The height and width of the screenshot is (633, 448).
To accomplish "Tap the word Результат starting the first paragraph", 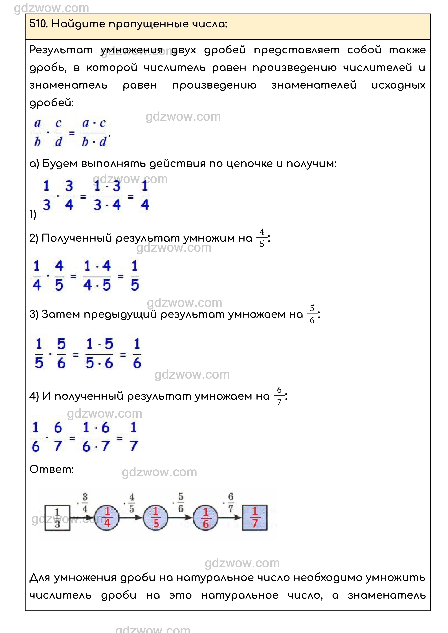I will pyautogui.click(x=61, y=50).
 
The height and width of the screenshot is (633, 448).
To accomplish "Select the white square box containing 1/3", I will pyautogui.click(x=57, y=518).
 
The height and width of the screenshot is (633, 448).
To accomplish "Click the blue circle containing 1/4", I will pyautogui.click(x=107, y=518).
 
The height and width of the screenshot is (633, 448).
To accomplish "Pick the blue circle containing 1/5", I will pyautogui.click(x=156, y=518).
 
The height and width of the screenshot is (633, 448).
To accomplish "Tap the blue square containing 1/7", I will pyautogui.click(x=255, y=518).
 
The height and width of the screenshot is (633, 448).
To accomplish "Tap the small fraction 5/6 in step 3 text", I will pyautogui.click(x=312, y=314).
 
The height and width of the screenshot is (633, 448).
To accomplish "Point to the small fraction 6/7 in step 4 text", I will pyautogui.click(x=279, y=396).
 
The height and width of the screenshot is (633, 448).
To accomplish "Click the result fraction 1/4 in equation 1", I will pyautogui.click(x=144, y=196).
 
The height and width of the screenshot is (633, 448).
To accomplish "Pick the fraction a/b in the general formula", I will pyautogui.click(x=38, y=133).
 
